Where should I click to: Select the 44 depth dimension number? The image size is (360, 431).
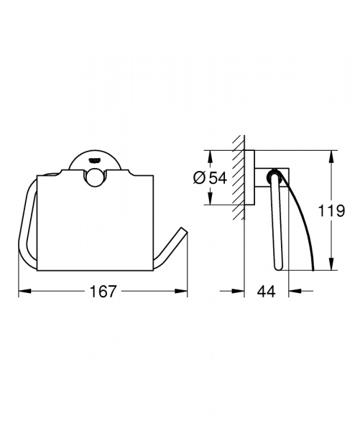coord(266,292)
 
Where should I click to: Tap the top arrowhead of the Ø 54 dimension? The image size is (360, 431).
coord(207,153)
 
